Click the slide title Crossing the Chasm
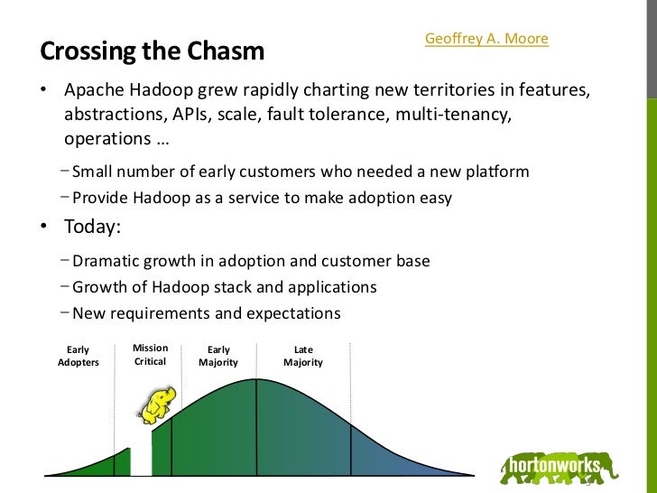152,51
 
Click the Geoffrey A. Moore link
486,40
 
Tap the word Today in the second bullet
91,228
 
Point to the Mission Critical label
150,355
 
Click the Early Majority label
218,356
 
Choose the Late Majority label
303,356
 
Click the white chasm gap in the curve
142,456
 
